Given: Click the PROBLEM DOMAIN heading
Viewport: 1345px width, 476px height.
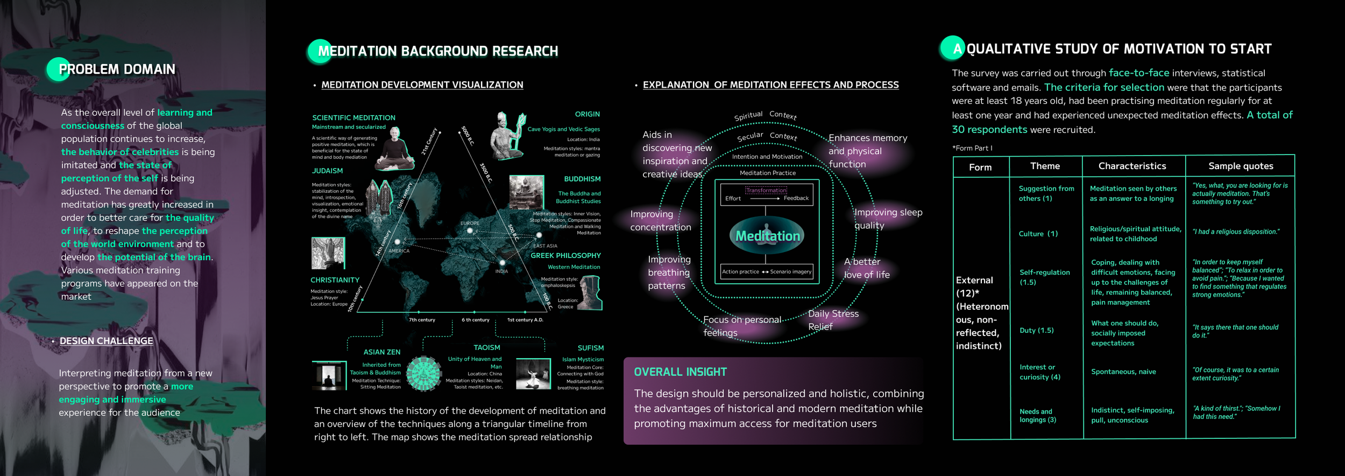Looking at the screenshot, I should point(117,69).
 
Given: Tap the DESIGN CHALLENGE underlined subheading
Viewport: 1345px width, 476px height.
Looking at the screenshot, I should point(106,341).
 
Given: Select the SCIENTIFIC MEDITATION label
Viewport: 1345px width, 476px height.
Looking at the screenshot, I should point(353,118).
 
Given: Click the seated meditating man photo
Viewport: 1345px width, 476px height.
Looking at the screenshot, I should point(395,149).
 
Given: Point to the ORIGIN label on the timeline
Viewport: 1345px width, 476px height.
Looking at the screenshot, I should point(587,114).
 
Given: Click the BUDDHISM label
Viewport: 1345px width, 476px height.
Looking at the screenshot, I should point(582,179).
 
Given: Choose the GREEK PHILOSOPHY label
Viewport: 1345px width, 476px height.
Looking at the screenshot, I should point(565,256).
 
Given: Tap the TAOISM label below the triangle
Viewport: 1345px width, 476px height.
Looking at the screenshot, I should point(486,348).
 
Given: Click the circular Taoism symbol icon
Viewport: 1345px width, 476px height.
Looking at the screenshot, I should point(423,373).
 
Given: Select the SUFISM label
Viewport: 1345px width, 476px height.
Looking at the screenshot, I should point(590,348).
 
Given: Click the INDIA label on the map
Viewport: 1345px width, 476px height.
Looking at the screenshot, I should point(501,271).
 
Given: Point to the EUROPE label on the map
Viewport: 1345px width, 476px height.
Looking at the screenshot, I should point(470,223).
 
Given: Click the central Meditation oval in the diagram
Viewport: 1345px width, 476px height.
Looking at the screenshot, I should point(767,236).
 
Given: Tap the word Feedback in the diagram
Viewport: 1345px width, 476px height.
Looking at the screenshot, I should point(796,198).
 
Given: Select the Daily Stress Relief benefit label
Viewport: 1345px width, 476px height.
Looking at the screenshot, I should point(833,320).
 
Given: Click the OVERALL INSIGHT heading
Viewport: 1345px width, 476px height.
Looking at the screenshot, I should point(680,372).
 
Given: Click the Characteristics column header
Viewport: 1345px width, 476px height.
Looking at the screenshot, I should point(1132,166).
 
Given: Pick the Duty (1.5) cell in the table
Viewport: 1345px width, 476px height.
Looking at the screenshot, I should point(1036,331).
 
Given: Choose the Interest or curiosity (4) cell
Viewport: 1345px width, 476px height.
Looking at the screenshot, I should point(1039,372).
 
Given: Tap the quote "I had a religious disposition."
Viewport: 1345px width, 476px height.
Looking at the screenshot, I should point(1236,232).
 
